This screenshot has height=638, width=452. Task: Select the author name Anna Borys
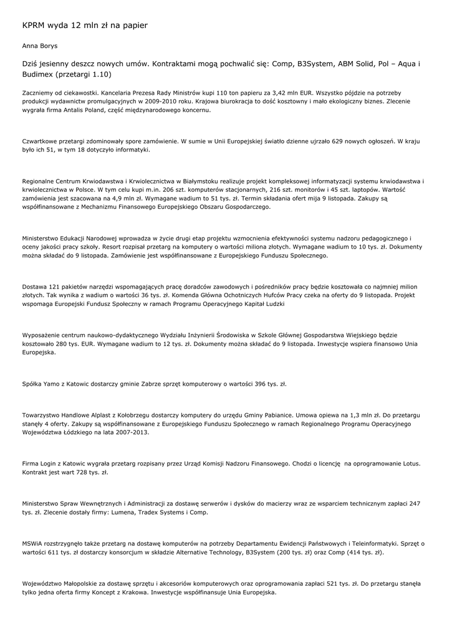click(40, 46)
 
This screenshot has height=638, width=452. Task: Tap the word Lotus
click(408, 464)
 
